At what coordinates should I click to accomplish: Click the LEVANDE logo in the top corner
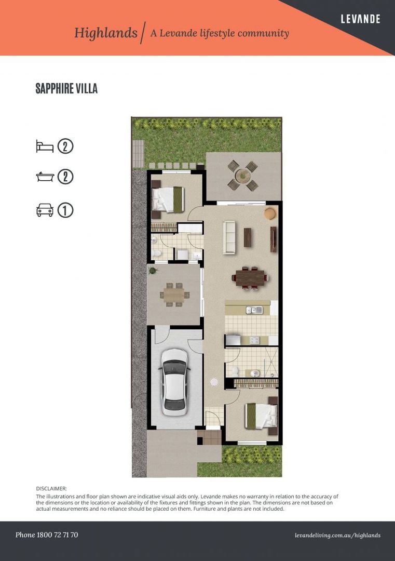(x=360, y=19)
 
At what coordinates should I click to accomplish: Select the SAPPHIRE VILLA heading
(x=66, y=89)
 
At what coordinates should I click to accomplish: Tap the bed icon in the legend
(x=45, y=146)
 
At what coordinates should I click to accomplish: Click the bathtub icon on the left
(x=45, y=177)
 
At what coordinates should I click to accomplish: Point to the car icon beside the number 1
(x=45, y=210)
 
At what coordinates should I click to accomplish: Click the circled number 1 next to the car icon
(x=65, y=210)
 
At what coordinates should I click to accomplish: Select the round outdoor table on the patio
(x=242, y=176)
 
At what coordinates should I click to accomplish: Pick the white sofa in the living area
(x=229, y=237)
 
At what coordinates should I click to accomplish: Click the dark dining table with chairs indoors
(x=251, y=277)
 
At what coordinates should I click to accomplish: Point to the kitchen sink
(x=254, y=310)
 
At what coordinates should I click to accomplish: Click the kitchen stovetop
(x=254, y=340)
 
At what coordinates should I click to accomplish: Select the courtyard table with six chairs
(x=174, y=295)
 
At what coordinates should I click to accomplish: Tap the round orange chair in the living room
(x=270, y=213)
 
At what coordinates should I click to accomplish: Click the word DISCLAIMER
(x=51, y=489)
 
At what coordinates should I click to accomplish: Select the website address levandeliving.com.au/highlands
(x=337, y=535)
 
